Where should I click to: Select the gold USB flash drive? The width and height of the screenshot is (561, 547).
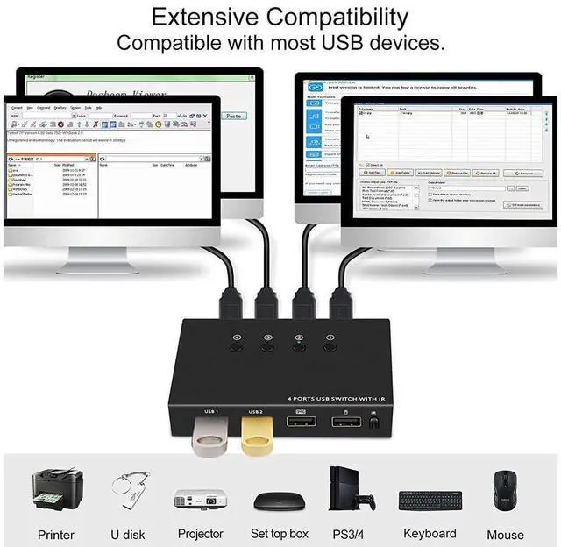(255, 434)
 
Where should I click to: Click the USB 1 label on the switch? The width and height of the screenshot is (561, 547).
(212, 411)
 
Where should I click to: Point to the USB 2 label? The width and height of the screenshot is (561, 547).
(256, 411)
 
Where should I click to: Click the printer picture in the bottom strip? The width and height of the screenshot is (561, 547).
(57, 491)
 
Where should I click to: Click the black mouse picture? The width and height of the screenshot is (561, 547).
(505, 491)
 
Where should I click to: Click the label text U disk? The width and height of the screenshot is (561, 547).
(129, 533)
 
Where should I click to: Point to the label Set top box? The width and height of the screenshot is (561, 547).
(280, 533)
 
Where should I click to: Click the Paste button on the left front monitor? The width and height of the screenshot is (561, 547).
(234, 116)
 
